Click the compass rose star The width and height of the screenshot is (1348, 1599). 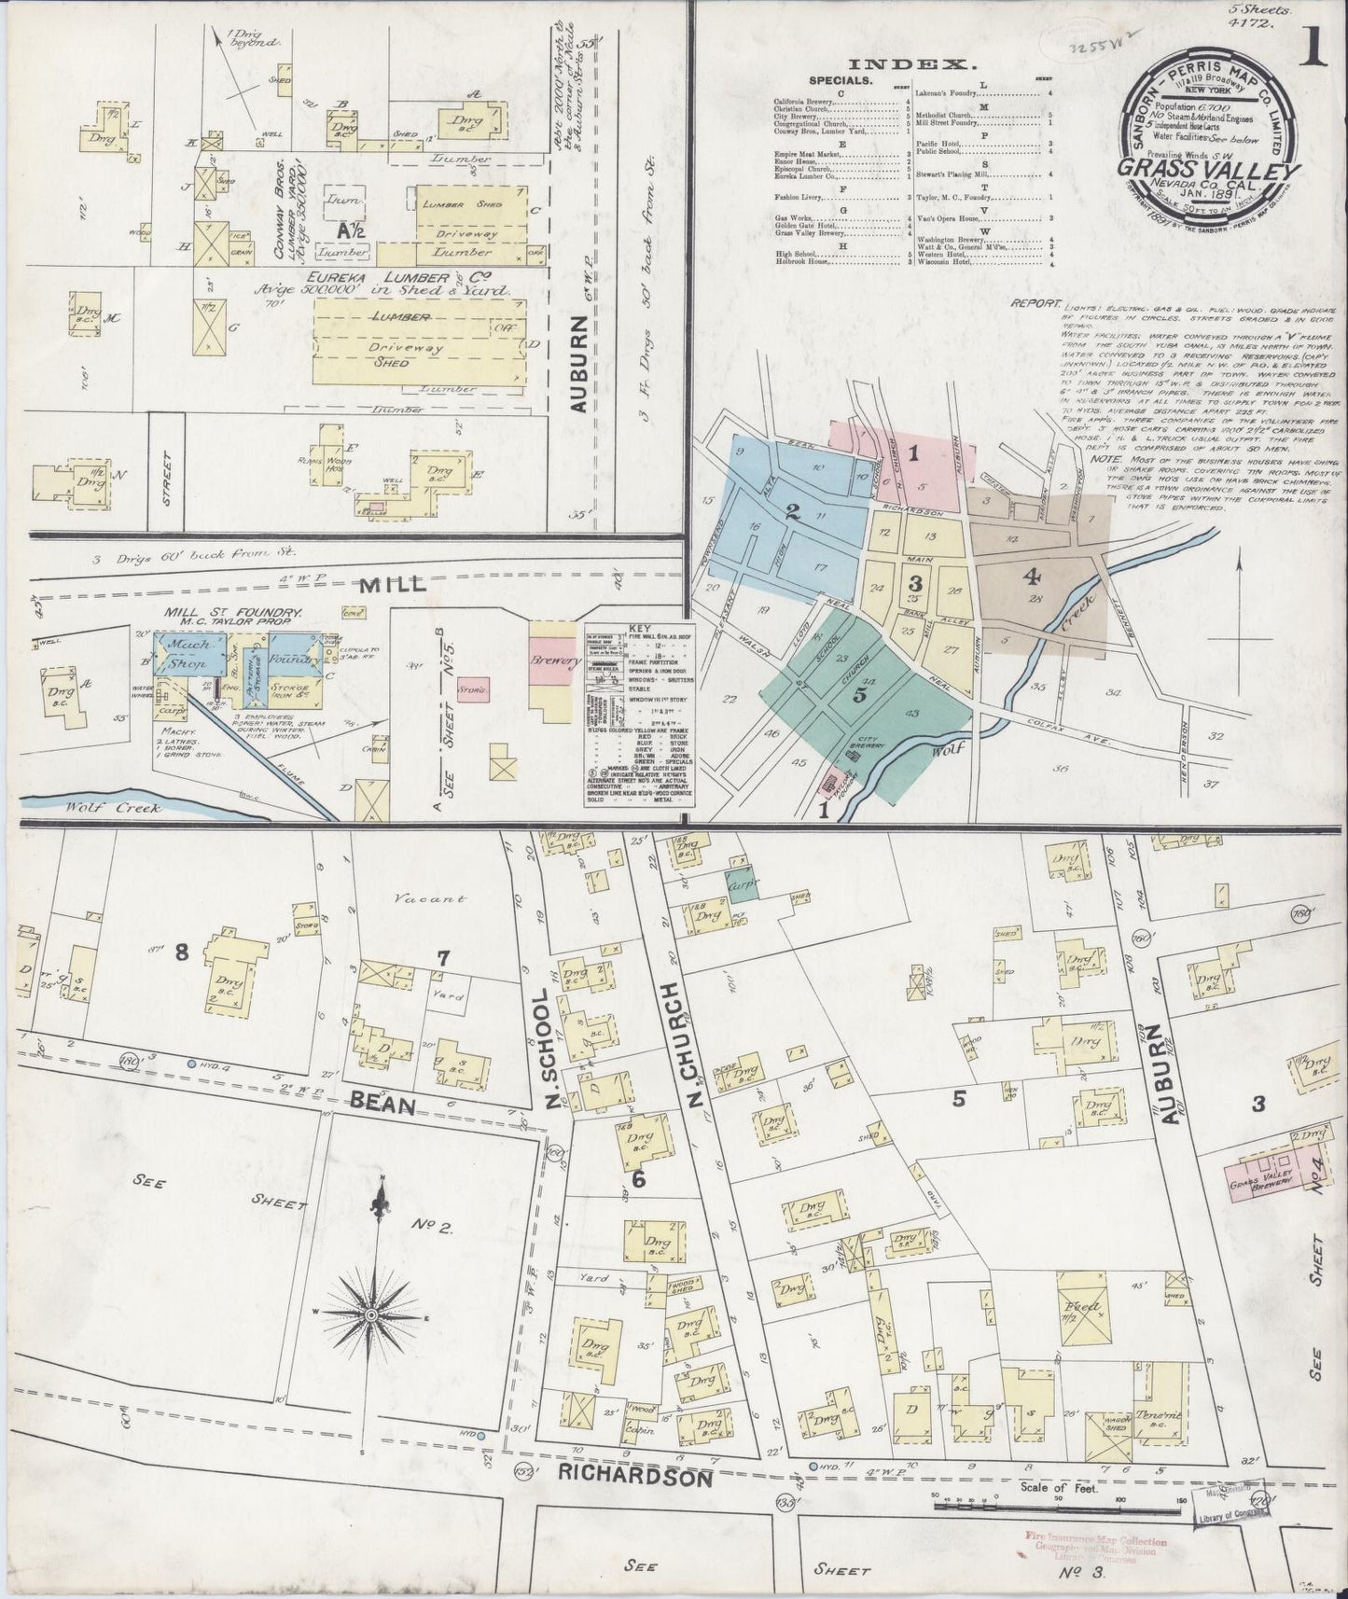tap(372, 1314)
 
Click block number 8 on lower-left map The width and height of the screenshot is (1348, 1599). tap(182, 952)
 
